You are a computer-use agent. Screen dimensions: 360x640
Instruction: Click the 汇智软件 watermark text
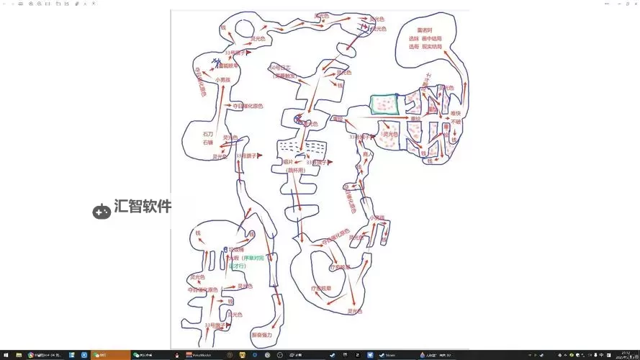pyautogui.click(x=143, y=207)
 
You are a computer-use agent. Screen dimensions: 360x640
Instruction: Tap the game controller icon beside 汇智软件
pyautogui.click(x=102, y=211)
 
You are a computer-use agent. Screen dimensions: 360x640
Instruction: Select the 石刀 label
pyautogui.click(x=208, y=134)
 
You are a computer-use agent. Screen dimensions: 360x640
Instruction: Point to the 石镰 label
pyautogui.click(x=208, y=143)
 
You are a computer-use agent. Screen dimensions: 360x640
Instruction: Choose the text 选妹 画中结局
pyautogui.click(x=425, y=38)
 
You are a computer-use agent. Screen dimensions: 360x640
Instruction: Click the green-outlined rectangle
pyautogui.click(x=384, y=105)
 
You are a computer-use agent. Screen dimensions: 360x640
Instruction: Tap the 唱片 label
pyautogui.click(x=289, y=163)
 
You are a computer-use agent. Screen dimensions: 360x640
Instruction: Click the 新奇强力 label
pyautogui.click(x=262, y=335)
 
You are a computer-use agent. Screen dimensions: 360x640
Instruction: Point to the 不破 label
pyautogui.click(x=456, y=122)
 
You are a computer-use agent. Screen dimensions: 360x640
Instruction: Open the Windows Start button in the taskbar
pyautogui.click(x=4, y=355)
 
